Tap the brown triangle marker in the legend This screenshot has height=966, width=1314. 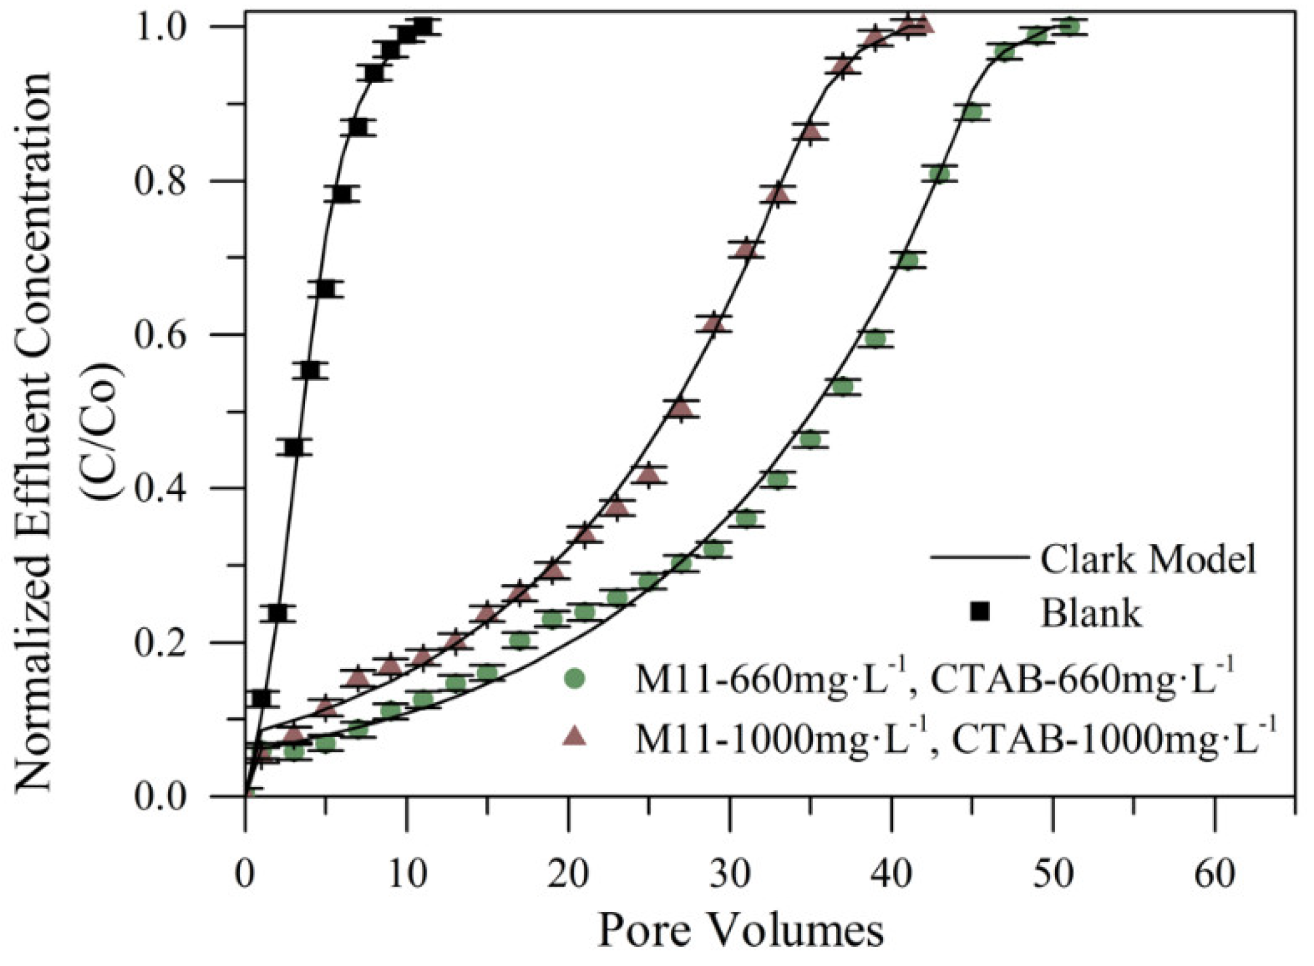pyautogui.click(x=575, y=735)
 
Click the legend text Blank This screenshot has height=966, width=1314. pyautogui.click(x=1090, y=613)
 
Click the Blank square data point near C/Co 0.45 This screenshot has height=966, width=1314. pyautogui.click(x=295, y=447)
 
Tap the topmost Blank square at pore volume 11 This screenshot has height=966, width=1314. pyautogui.click(x=423, y=26)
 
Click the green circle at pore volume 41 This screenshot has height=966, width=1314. pyautogui.click(x=908, y=261)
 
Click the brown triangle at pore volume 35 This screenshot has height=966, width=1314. pyautogui.click(x=811, y=132)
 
